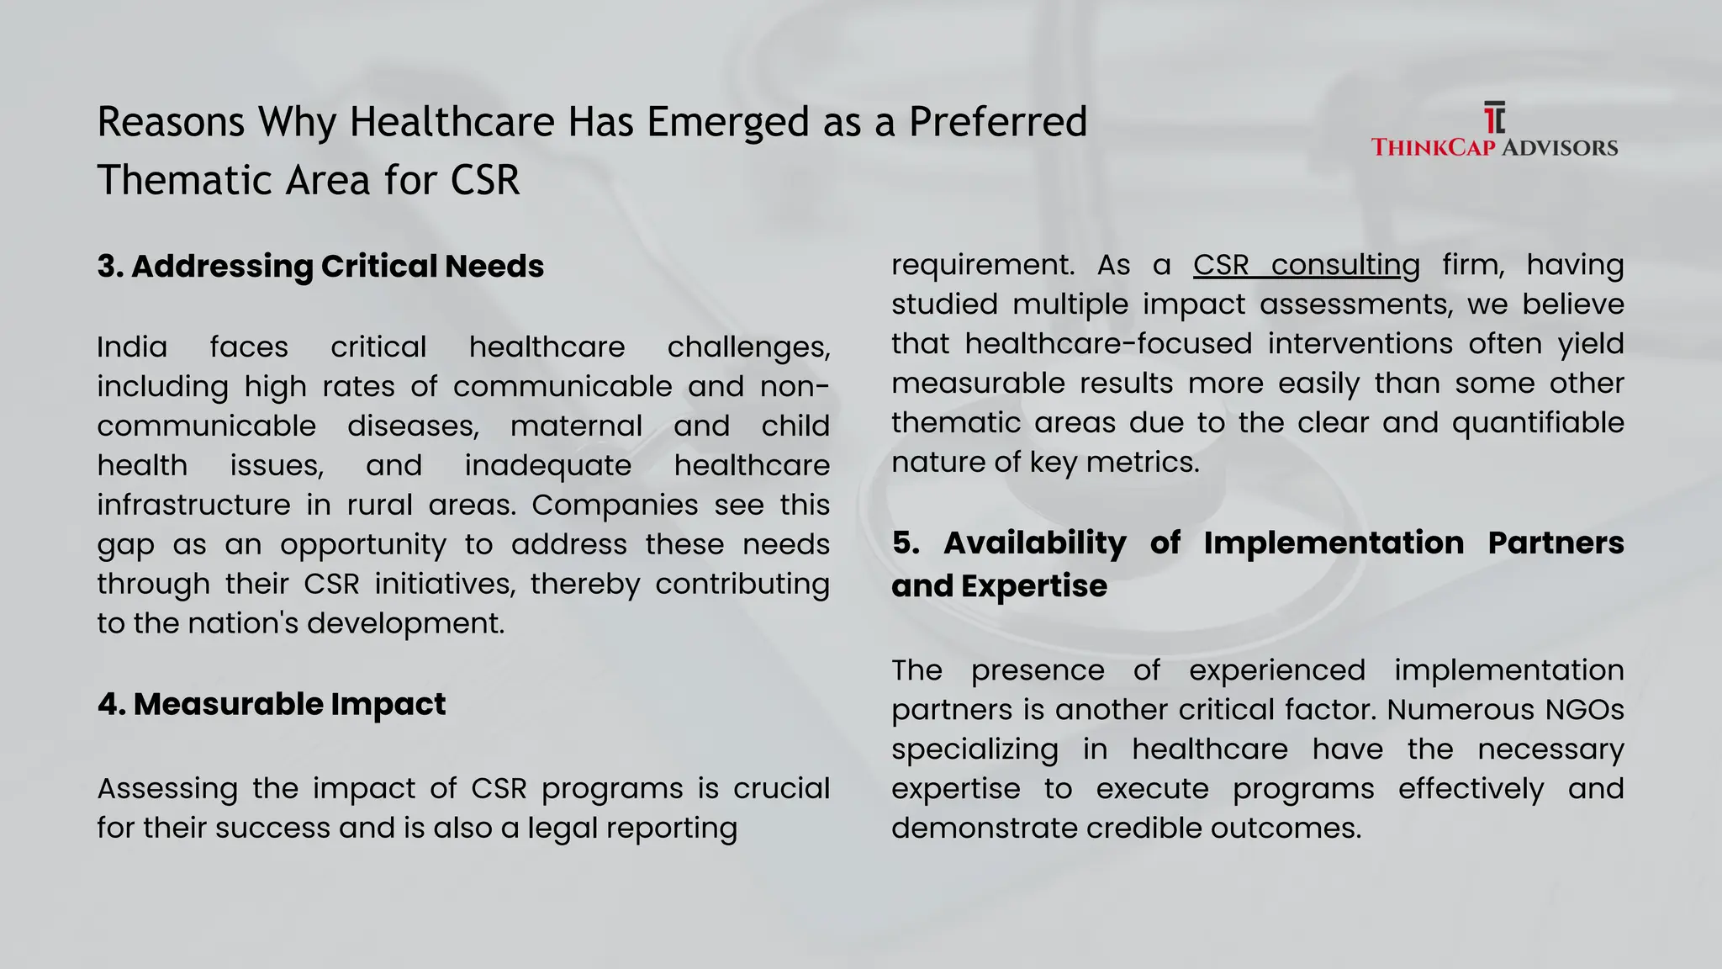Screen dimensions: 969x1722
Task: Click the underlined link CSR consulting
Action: coord(1306,265)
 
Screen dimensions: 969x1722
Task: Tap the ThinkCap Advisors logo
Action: coord(1494,130)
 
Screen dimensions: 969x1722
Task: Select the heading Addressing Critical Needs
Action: coord(320,267)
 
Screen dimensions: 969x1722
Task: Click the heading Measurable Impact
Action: coord(272,704)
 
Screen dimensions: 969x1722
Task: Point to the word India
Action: coord(132,347)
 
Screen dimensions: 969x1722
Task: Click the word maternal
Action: coord(576,426)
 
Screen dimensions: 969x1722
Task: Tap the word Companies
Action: coord(615,505)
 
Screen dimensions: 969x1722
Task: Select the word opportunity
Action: coord(363,544)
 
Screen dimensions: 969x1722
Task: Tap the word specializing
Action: coord(975,749)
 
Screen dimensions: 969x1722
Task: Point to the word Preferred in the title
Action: coord(998,123)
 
